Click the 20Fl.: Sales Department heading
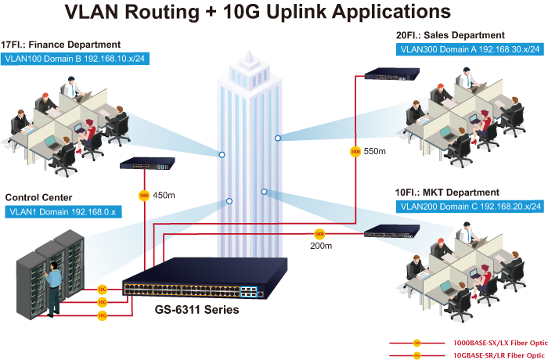[451, 34]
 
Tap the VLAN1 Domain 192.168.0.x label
[61, 211]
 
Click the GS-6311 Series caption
[198, 309]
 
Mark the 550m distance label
[376, 150]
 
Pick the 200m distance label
[321, 246]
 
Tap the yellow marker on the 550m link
[355, 150]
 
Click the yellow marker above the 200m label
[319, 233]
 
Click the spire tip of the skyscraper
[249, 50]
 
